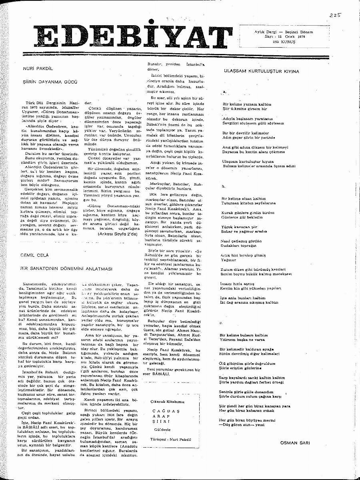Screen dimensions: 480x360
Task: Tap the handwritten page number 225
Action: coord(336,15)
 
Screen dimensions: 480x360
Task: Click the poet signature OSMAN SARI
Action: coord(296,442)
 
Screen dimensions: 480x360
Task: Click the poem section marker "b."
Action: coord(224,186)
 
